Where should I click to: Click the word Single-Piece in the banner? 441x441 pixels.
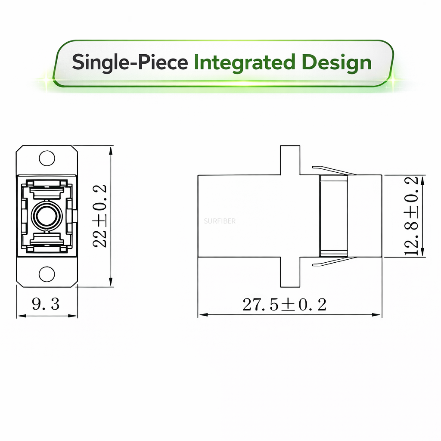[130, 62]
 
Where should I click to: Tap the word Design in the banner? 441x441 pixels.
[334, 62]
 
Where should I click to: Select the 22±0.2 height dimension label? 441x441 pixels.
[100, 216]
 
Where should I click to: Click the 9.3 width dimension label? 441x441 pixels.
[46, 304]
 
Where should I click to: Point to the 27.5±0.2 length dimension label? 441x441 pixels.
[285, 304]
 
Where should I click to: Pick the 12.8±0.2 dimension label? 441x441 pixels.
[412, 216]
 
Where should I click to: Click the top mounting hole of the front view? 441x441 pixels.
[47, 158]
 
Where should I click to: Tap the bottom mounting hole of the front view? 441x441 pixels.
[47, 273]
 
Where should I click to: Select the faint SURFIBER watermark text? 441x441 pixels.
[220, 221]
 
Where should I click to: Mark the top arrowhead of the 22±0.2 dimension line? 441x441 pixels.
[111, 150]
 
